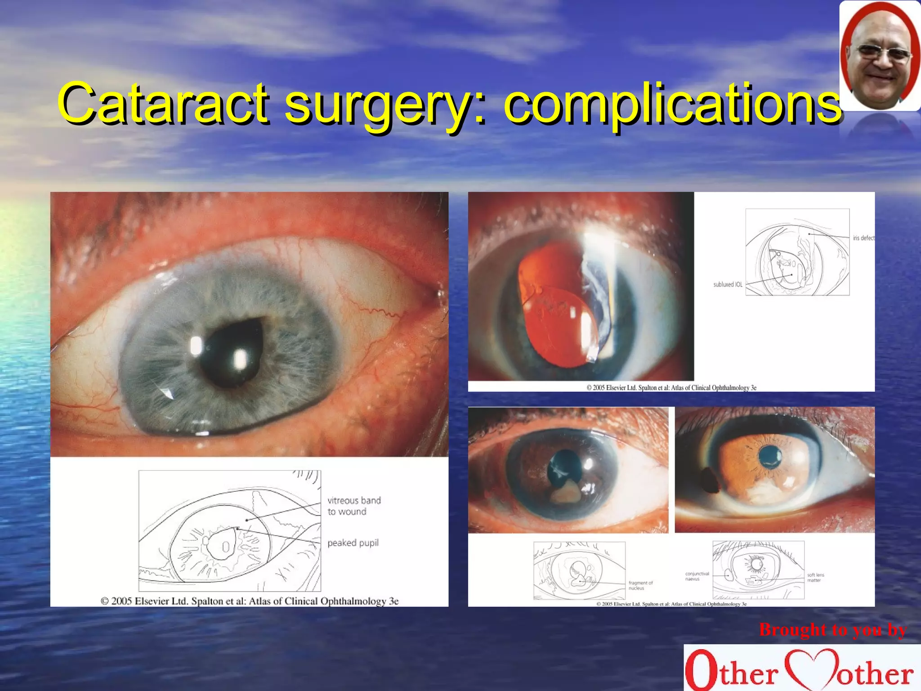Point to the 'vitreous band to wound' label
[x=354, y=506]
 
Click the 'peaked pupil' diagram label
[x=353, y=543]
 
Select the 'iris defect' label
[x=863, y=238]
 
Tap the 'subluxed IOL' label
[x=728, y=285]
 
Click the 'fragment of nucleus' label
[x=640, y=585]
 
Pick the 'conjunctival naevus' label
[x=697, y=576]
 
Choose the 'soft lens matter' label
[x=815, y=578]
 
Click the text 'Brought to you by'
[x=832, y=630]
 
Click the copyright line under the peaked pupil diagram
[x=250, y=601]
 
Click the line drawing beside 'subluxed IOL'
[x=797, y=252]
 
